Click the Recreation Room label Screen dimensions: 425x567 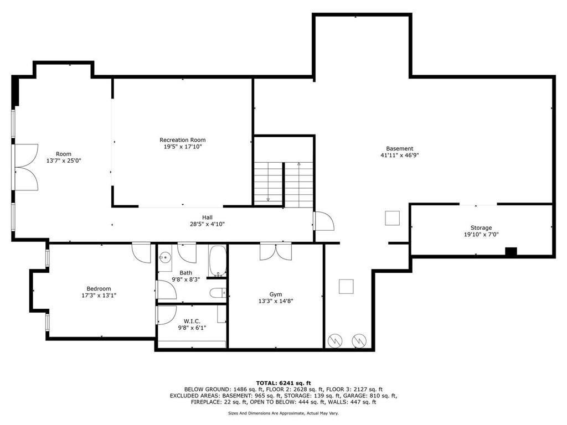point(182,140)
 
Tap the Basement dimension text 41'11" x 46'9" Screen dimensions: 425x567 point(399,156)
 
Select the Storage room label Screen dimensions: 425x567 point(481,227)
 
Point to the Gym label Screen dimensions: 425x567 point(275,294)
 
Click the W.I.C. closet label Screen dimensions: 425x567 point(192,321)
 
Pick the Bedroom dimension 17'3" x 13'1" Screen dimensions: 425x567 point(99,296)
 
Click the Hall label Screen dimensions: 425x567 point(207,217)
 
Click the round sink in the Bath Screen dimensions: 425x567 point(165,256)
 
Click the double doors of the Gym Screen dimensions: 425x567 point(276,251)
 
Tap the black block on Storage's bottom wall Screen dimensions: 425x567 point(511,252)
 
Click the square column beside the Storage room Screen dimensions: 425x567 point(393,218)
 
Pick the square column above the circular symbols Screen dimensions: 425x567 point(346,286)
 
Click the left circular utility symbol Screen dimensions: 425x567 point(336,340)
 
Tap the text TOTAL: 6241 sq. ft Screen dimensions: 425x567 point(283,383)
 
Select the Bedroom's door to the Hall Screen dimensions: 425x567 point(142,253)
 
